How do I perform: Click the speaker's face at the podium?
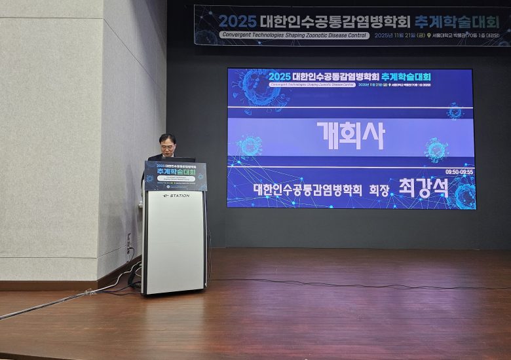pos(168,147)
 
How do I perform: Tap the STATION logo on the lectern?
pos(176,196)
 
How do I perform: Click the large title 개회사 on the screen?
pos(350,135)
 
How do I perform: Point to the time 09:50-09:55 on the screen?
pos(459,171)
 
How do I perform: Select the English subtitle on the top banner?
pos(295,35)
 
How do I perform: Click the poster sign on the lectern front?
pos(176,176)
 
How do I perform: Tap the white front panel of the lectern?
pos(174,242)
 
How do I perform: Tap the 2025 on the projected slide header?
pos(280,77)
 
